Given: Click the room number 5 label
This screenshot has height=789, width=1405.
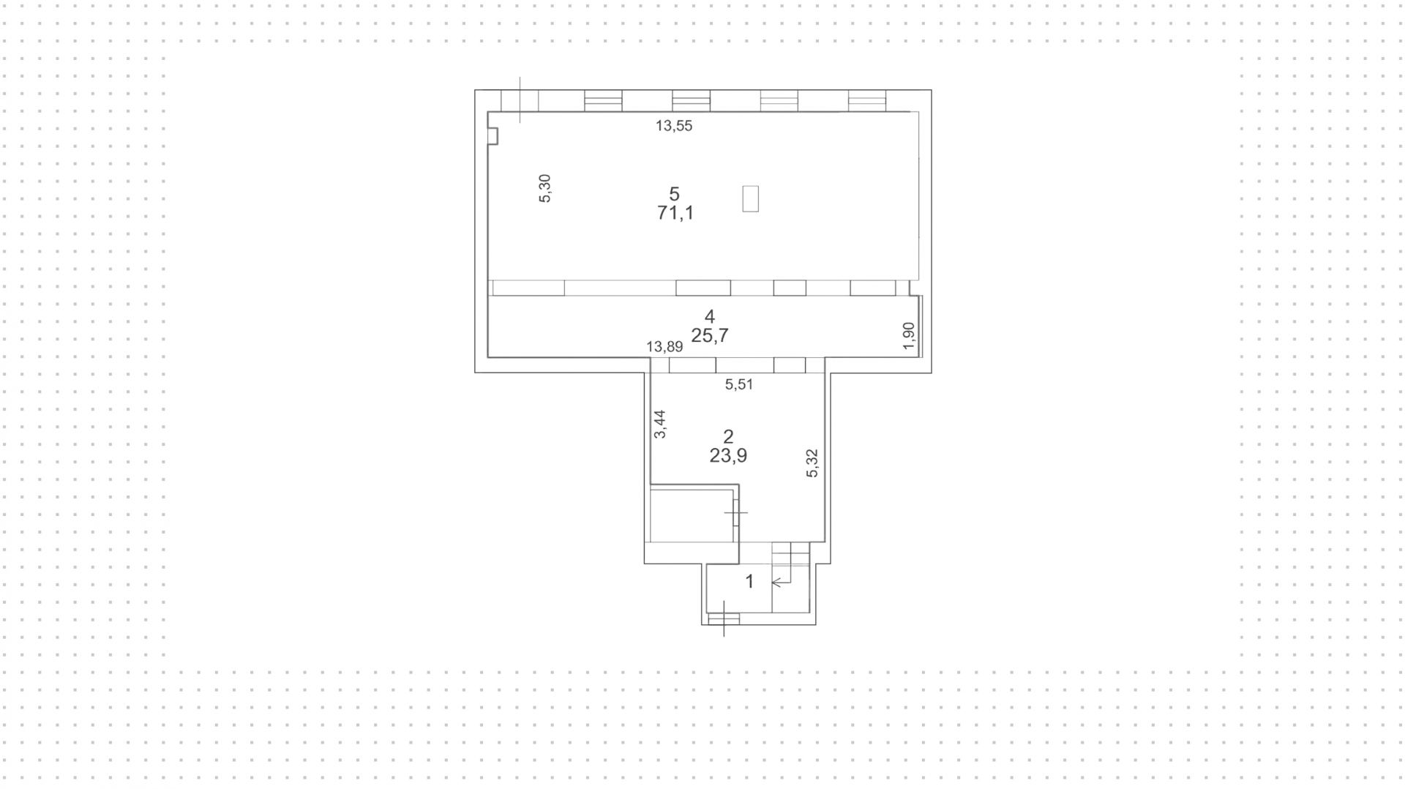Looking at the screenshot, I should click(674, 194).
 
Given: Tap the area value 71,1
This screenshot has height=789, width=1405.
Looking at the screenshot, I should click(675, 213).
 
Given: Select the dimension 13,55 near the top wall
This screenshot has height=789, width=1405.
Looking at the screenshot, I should click(673, 126).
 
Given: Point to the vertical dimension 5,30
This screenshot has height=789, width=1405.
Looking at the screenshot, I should click(544, 188).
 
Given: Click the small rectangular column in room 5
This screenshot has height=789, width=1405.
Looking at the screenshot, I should click(750, 198).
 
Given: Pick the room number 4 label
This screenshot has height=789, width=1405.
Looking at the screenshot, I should click(709, 316).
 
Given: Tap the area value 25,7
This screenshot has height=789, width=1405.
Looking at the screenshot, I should click(709, 335).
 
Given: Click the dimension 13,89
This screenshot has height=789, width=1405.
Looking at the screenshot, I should click(664, 347).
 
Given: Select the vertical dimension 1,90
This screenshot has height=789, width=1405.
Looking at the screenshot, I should click(908, 335).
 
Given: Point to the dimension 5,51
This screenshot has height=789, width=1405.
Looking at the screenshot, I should click(738, 384).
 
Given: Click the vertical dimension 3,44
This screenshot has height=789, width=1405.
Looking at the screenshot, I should click(660, 424).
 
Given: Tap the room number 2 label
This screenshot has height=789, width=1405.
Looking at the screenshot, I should click(727, 437).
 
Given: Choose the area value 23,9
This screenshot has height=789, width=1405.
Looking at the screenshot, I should click(727, 455).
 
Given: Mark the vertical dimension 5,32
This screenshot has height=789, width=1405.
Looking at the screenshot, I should click(812, 463).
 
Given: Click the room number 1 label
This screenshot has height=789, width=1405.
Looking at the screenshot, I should click(749, 582).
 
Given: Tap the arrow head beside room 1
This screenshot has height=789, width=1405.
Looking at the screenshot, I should click(776, 583).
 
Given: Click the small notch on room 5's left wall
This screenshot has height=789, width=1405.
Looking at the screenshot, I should click(493, 136).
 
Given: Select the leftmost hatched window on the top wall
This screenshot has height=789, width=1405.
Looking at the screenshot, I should click(603, 101).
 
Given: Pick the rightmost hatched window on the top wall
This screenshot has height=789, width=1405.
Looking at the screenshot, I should click(866, 101).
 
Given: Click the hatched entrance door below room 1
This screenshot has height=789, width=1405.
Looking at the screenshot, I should click(724, 619).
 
